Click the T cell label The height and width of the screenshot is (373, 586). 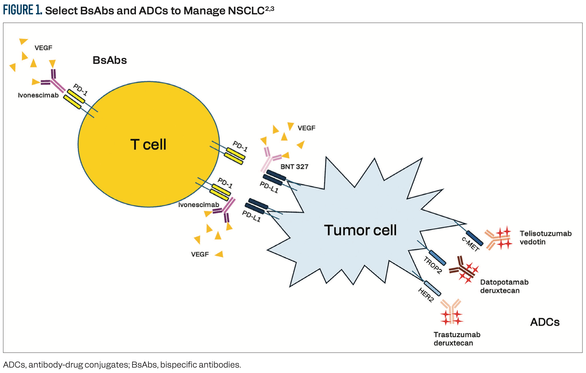click(x=148, y=145)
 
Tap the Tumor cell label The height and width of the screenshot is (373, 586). click(x=360, y=230)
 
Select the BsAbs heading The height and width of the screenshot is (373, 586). click(x=109, y=60)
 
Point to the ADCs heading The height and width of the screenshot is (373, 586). click(x=545, y=322)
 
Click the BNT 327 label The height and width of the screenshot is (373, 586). click(x=294, y=167)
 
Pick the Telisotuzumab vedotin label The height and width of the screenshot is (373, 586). click(x=545, y=238)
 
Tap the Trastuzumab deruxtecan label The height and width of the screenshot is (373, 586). click(x=457, y=339)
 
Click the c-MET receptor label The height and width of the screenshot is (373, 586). click(x=470, y=244)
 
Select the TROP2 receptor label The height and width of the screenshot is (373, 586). click(x=432, y=265)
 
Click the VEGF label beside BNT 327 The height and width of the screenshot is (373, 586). click(x=306, y=128)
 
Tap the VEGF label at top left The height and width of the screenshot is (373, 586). click(x=43, y=48)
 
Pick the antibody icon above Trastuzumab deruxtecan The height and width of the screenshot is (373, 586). click(x=451, y=311)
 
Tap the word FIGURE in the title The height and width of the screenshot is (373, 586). click(x=19, y=10)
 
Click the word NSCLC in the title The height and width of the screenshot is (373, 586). click(x=246, y=11)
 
